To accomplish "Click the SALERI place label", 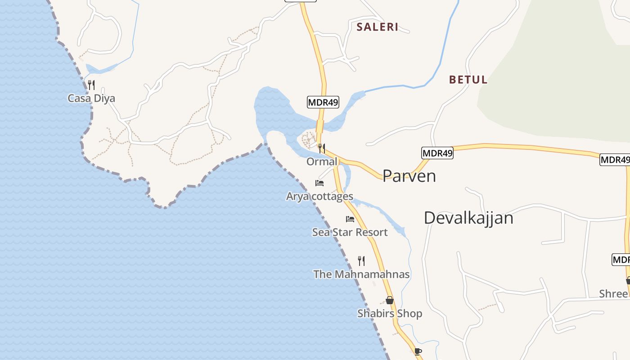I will click(x=377, y=27).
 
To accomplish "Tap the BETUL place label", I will click(x=468, y=80).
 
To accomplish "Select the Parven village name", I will click(x=409, y=176).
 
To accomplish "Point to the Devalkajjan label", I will click(x=468, y=218).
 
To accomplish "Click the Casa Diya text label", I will click(x=91, y=98).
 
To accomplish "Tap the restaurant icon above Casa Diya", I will click(x=91, y=85).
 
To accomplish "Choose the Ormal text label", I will click(x=321, y=161).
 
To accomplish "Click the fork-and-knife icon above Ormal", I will click(x=321, y=148).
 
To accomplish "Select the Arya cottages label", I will click(x=319, y=196).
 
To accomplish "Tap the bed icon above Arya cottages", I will click(x=319, y=183).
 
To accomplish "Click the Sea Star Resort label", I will click(x=350, y=232).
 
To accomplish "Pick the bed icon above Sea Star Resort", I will click(x=350, y=219).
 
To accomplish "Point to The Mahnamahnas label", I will click(x=361, y=274).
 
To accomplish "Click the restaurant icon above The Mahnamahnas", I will click(x=361, y=261).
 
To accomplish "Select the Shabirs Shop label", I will click(x=390, y=313).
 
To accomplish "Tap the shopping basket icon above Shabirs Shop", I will click(x=390, y=300).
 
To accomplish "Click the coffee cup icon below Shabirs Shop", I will click(x=418, y=351).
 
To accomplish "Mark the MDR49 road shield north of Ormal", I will click(x=323, y=102).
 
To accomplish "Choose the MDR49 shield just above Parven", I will click(x=437, y=153).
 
